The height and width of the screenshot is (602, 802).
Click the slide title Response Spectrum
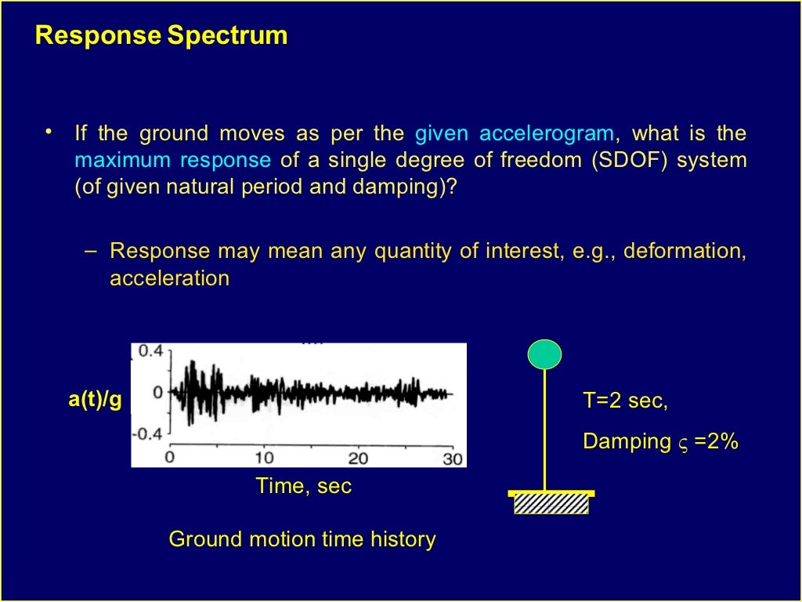[x=161, y=36]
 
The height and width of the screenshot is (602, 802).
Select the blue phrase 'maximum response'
[x=172, y=161]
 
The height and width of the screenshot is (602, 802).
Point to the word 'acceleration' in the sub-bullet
[x=169, y=278]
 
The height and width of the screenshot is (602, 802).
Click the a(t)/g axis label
[x=95, y=400]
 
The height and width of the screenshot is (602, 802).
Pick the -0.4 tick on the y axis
[x=147, y=433]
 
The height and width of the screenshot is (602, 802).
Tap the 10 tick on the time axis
[x=265, y=459]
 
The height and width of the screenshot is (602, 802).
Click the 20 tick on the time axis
[x=359, y=459]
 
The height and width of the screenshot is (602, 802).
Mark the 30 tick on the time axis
[x=453, y=459]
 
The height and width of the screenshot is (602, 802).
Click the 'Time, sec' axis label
[x=304, y=486]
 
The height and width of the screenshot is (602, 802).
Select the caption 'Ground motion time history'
[x=302, y=539]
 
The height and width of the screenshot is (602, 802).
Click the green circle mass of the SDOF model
[x=544, y=354]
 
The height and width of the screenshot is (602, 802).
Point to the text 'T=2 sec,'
[x=625, y=401]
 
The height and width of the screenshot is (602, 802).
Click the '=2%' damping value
[x=717, y=441]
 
